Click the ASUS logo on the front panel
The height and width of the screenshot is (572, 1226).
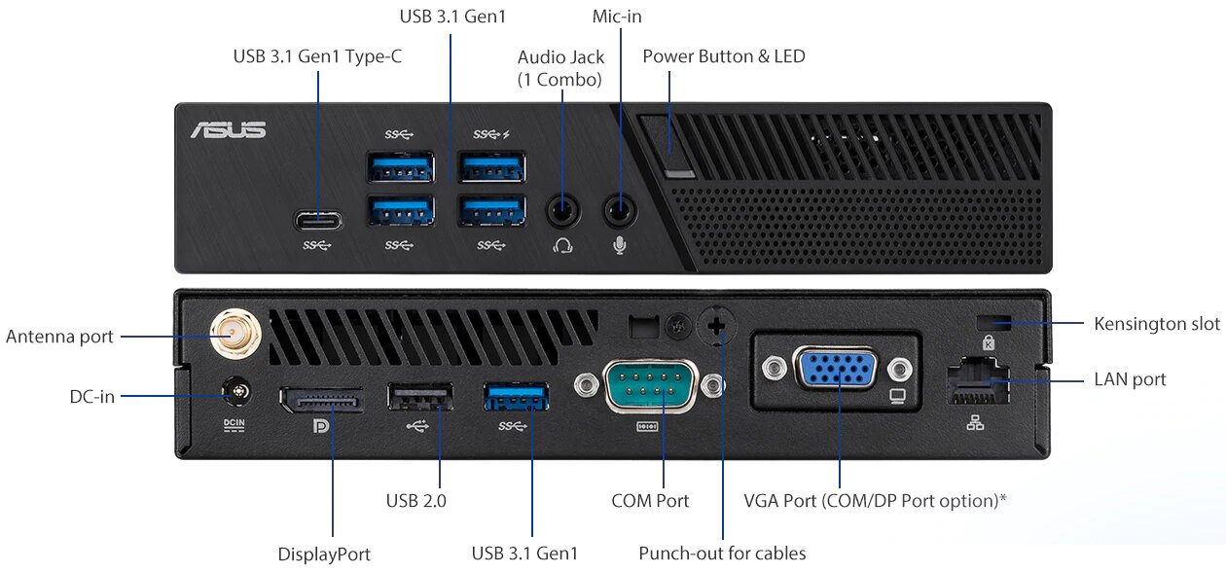coord(229,130)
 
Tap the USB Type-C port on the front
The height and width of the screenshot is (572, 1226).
coord(318,221)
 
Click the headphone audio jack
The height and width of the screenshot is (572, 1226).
coord(562,211)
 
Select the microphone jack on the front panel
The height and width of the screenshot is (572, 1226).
coord(620,211)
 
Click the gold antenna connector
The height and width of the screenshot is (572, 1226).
coord(235,334)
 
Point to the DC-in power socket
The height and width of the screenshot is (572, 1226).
coord(237,392)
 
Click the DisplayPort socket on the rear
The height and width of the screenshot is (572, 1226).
coord(321,400)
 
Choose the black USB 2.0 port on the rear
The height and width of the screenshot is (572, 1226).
coord(420,397)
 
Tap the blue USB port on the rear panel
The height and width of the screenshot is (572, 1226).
coord(516,397)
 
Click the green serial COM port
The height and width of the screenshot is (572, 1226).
coord(650,385)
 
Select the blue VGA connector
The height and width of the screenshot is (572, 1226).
coord(837,369)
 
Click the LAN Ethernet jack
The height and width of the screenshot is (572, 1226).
coord(978,381)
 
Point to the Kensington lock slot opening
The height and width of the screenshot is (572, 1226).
coord(994,322)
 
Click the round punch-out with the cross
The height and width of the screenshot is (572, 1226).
coord(716,326)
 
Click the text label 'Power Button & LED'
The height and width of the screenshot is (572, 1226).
coord(724,56)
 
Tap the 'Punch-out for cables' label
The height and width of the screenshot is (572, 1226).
coord(722,554)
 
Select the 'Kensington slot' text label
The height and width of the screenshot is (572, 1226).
coord(1157,324)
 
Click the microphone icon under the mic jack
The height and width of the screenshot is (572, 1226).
coord(620,246)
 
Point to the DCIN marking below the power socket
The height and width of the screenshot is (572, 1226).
coord(234,425)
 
